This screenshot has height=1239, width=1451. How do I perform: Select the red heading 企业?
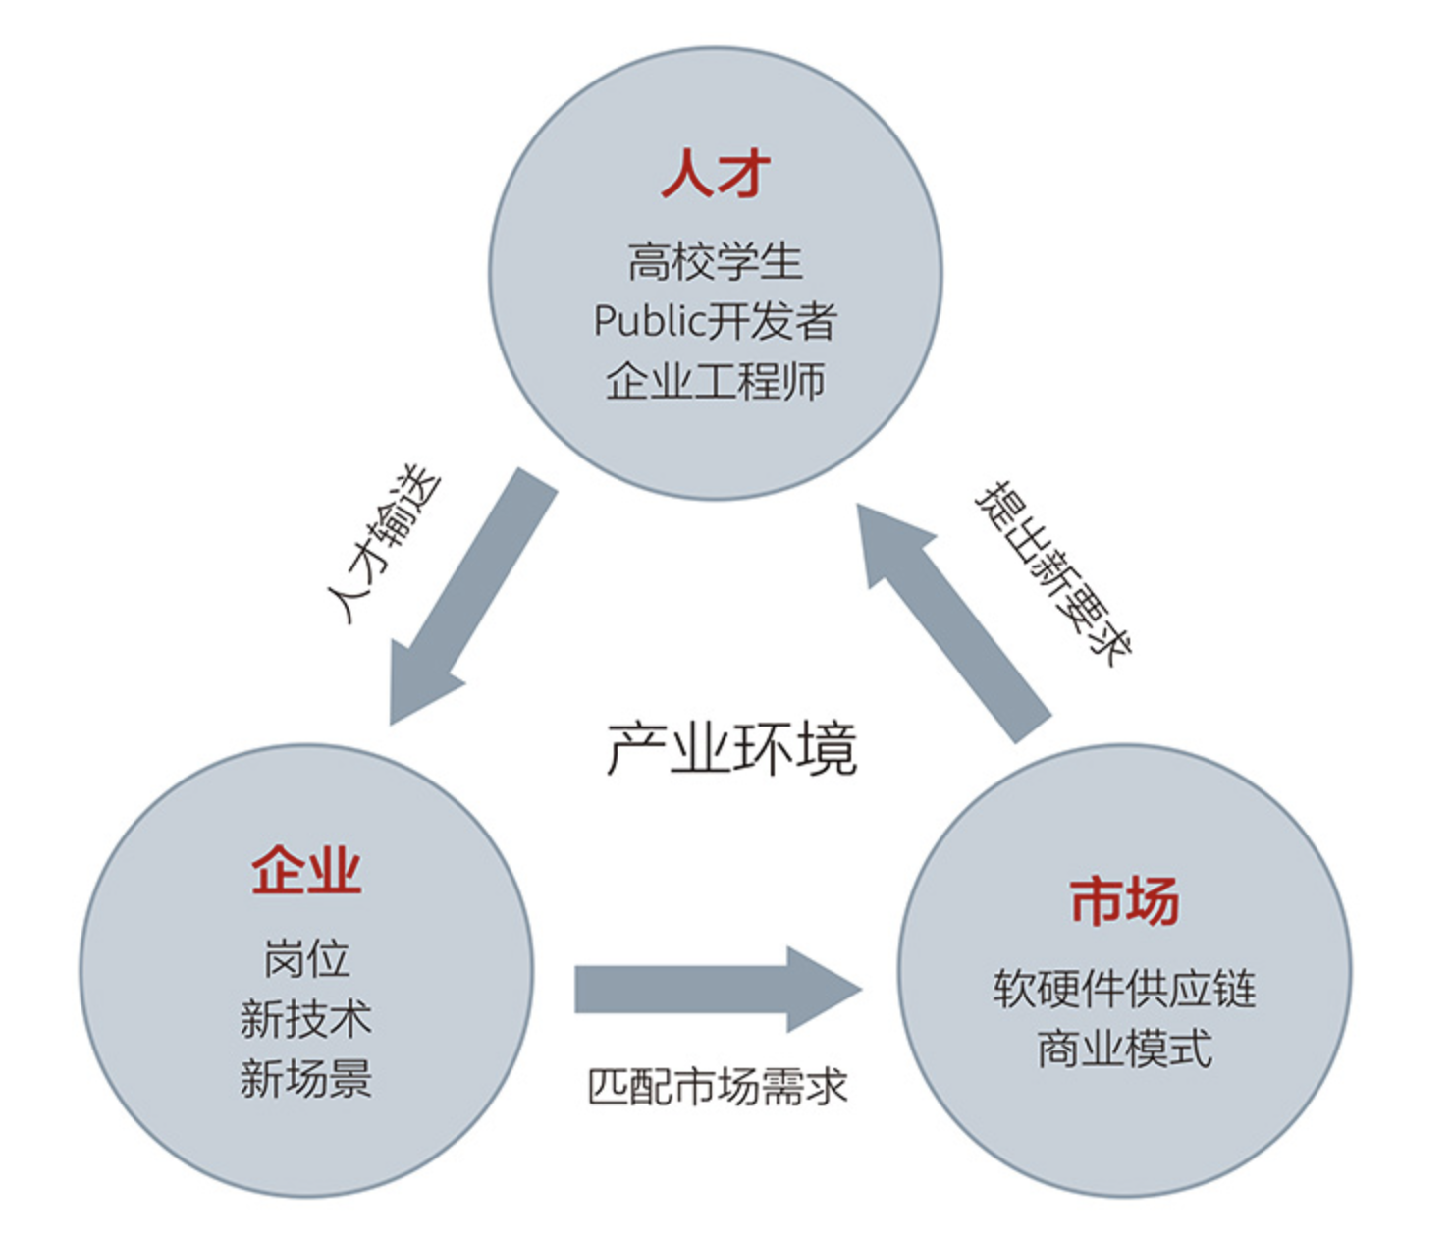[306, 870]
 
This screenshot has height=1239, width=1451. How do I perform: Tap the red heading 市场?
[1124, 901]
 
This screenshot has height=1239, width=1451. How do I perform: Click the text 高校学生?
[715, 262]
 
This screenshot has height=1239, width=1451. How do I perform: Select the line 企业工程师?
[715, 381]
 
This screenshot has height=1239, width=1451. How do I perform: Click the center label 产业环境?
[731, 749]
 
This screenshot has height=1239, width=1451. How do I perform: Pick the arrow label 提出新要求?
[1052, 572]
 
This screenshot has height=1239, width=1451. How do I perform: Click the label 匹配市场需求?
[717, 1087]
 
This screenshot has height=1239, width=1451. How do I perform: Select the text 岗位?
[306, 958]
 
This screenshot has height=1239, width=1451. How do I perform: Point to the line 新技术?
[306, 1019]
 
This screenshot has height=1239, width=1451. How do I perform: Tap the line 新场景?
[306, 1078]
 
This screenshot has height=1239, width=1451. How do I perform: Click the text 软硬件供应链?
[1124, 989]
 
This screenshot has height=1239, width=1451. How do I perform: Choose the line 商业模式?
[1124, 1049]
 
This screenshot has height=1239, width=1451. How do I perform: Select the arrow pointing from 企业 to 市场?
[707, 990]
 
